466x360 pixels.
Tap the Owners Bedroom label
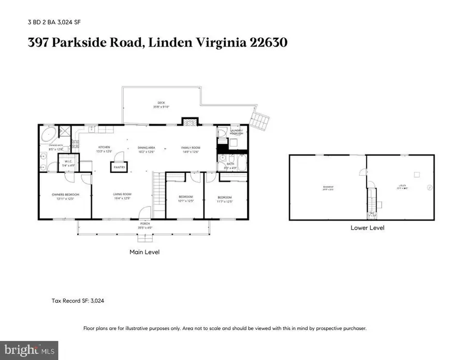pos(65,197)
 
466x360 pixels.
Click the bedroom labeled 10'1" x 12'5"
pos(185,198)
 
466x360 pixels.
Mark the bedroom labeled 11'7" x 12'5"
pos(224,198)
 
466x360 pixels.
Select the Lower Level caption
pos(367,227)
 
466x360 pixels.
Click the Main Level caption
pos(144,252)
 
